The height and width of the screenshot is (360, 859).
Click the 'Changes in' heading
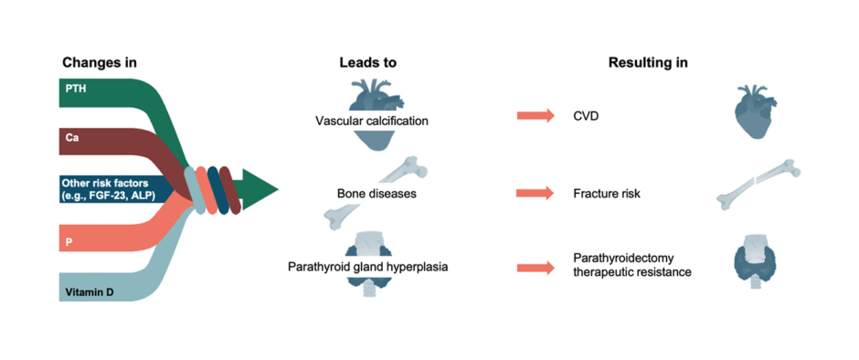coord(100,63)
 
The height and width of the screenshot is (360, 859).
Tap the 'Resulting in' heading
coord(648,63)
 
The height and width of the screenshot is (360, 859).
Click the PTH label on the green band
coord(76,88)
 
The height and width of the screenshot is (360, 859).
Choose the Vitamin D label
coord(90,292)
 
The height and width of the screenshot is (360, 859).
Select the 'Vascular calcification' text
coord(371,122)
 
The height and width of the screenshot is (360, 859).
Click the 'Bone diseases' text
coord(371,194)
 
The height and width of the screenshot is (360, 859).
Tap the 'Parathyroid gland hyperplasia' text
coord(371,266)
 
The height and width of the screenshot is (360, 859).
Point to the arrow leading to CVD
coord(535,116)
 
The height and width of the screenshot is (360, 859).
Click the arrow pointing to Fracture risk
coord(535,194)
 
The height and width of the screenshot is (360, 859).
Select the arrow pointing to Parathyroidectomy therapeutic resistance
coord(535,267)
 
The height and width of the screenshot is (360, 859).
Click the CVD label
coord(587,116)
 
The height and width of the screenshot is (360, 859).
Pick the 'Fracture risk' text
coord(609,194)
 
